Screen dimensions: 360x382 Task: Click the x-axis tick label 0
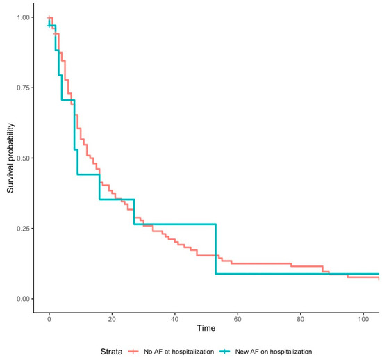tap(49, 318)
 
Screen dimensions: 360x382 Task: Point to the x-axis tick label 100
tap(364, 318)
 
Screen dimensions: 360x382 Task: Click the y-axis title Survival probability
tap(10, 158)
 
